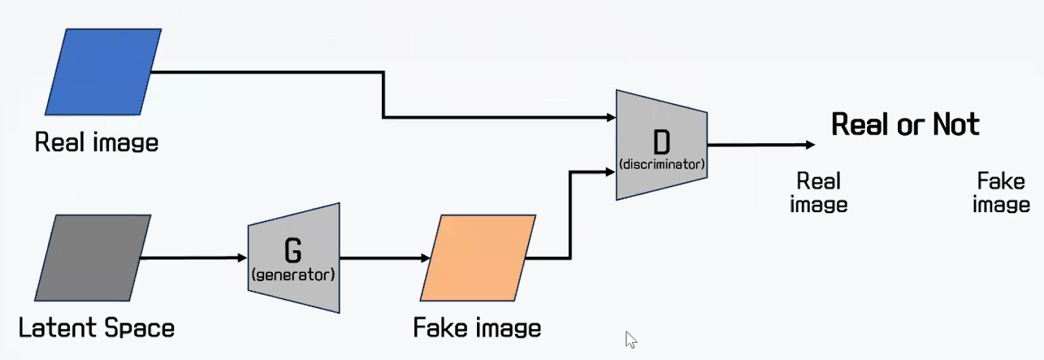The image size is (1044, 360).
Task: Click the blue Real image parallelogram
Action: tap(103, 72)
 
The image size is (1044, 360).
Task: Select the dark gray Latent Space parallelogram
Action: tap(93, 258)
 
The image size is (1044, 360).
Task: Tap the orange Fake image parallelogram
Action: tap(479, 258)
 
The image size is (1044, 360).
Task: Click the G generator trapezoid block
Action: tap(293, 258)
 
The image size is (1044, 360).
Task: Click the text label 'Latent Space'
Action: tap(97, 328)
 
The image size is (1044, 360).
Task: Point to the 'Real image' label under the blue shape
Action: tap(97, 143)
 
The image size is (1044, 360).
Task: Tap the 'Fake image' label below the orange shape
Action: tap(477, 328)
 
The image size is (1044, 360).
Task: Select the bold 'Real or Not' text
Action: tap(905, 124)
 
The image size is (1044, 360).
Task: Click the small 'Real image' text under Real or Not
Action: tap(818, 193)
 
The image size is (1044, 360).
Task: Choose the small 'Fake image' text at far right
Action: tap(1001, 193)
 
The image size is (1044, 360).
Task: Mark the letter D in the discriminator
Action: tap(662, 141)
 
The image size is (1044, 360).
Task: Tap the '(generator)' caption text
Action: tap(292, 275)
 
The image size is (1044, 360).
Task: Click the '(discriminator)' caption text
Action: tap(661, 165)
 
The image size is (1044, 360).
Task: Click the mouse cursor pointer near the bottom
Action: tap(630, 339)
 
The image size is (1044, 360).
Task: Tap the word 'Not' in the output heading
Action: tap(955, 124)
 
